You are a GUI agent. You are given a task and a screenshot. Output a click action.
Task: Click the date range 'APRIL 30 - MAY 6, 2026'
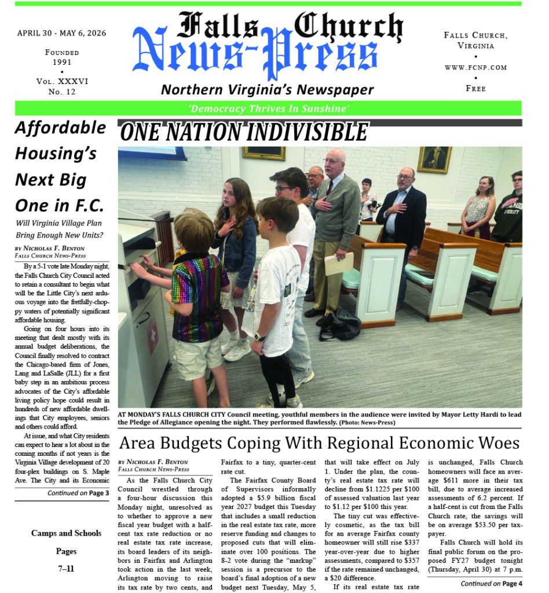click(62, 33)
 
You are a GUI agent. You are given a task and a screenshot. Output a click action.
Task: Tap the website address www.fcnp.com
click(475, 67)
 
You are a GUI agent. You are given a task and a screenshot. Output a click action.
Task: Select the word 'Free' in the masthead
click(475, 89)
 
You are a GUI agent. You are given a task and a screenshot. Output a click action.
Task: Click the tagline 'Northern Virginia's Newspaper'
click(268, 90)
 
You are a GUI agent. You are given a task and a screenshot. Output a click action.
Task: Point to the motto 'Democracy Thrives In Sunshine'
click(268, 108)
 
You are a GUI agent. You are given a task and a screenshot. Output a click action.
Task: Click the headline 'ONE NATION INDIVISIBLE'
click(244, 133)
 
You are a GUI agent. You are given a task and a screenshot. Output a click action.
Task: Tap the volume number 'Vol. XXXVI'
click(62, 82)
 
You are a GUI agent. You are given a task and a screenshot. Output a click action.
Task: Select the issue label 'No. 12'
click(62, 91)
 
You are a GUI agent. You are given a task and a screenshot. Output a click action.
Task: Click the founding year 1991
click(62, 62)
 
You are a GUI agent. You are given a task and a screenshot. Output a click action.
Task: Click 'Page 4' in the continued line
click(510, 584)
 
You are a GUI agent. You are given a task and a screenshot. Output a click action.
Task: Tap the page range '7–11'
click(66, 569)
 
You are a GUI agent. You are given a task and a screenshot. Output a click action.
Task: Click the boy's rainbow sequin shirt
click(200, 296)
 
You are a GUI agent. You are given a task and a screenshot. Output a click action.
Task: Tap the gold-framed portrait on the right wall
click(434, 160)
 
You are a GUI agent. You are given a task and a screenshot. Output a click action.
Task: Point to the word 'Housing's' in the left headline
click(55, 153)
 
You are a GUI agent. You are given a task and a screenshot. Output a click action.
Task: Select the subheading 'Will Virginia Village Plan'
click(60, 222)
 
